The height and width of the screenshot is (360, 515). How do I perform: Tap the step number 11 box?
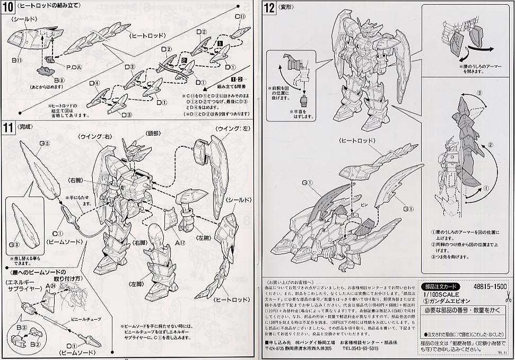pos(9,127)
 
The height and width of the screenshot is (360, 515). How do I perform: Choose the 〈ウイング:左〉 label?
pos(231,128)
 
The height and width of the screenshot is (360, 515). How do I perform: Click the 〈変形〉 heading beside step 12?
pos(290,7)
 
